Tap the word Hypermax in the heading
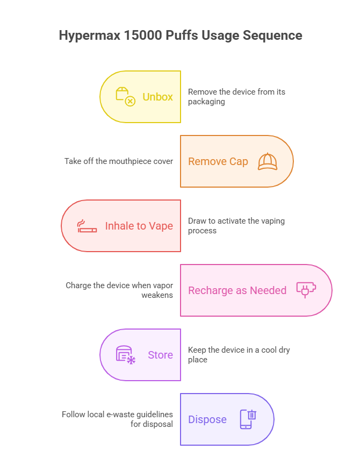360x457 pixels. [90, 36]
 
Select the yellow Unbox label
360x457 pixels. [157, 97]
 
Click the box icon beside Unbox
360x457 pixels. [126, 96]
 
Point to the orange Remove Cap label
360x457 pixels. [218, 161]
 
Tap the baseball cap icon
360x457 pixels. [268, 161]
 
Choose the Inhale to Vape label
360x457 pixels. [139, 226]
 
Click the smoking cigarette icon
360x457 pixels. [87, 226]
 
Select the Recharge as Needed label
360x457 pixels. [237, 290]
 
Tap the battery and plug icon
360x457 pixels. [306, 290]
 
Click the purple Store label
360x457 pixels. [160, 355]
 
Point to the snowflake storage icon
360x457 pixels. [126, 355]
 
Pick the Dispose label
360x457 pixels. [207, 419]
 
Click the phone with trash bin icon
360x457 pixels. [248, 419]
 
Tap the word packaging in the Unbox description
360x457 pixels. [206, 102]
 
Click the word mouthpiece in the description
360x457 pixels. [126, 161]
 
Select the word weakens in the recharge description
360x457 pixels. [157, 295]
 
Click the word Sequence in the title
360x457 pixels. [272, 36]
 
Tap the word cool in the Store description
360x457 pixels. [269, 350]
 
